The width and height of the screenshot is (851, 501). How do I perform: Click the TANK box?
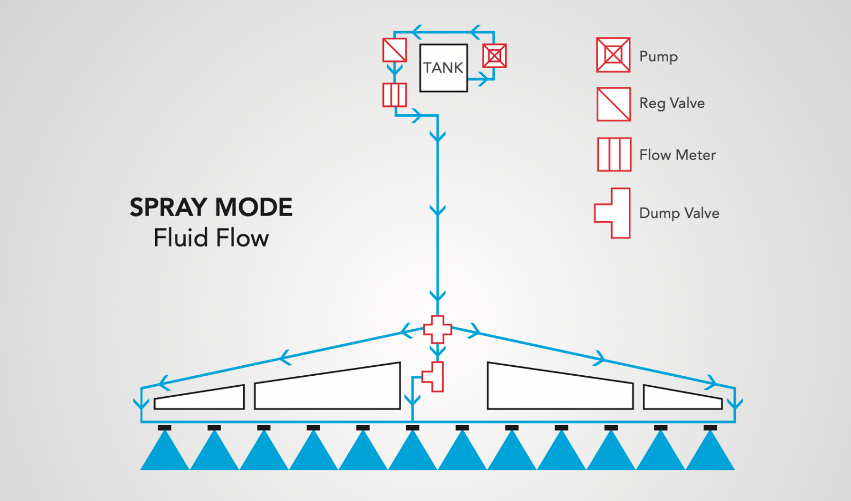click(x=443, y=68)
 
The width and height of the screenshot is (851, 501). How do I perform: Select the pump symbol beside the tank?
click(x=494, y=56)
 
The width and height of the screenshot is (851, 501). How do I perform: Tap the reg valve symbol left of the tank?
click(x=394, y=50)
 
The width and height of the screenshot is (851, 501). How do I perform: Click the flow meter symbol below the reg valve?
click(x=394, y=95)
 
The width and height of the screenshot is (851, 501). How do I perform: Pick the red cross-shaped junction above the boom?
click(x=438, y=329)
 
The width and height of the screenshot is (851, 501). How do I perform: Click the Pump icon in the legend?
click(x=613, y=55)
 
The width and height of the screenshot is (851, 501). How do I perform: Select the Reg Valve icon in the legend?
click(x=613, y=104)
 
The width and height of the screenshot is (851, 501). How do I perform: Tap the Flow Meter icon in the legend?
click(x=614, y=155)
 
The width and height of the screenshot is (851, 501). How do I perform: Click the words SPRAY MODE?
click(x=211, y=207)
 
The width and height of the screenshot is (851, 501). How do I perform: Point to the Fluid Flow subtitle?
click(x=211, y=238)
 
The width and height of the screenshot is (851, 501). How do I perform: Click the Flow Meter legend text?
click(x=677, y=155)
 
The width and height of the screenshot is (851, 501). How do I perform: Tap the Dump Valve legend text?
click(x=679, y=213)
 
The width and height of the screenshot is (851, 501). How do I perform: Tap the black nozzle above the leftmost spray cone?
click(x=165, y=428)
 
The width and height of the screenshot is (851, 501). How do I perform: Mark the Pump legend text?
click(x=658, y=57)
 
